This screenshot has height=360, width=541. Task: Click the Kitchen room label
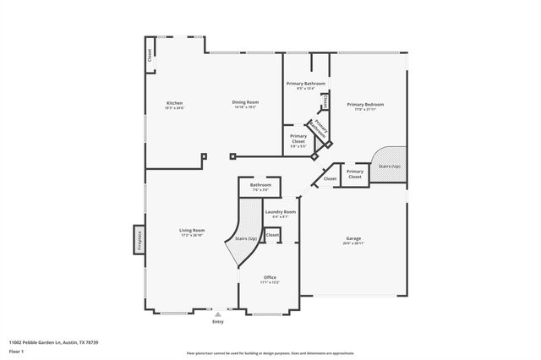tap(174, 104)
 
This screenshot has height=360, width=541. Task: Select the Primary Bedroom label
tap(365, 105)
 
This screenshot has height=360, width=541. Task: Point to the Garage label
tap(353, 238)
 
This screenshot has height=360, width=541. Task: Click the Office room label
tap(270, 277)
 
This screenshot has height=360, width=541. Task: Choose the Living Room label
tap(192, 230)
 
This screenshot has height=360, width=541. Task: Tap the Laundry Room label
tap(280, 212)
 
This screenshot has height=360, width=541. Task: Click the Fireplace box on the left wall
tap(138, 240)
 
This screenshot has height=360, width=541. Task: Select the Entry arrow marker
tap(218, 314)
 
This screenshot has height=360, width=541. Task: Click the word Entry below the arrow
tap(218, 322)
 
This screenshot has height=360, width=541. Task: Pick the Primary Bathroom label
tap(305, 84)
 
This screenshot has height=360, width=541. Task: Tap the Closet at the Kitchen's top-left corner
tap(150, 57)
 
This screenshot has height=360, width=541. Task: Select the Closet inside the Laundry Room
tap(273, 235)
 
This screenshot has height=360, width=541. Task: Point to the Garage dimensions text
tap(353, 243)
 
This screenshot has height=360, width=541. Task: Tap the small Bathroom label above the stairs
tap(260, 184)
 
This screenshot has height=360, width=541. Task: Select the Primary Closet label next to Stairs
tap(355, 174)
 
